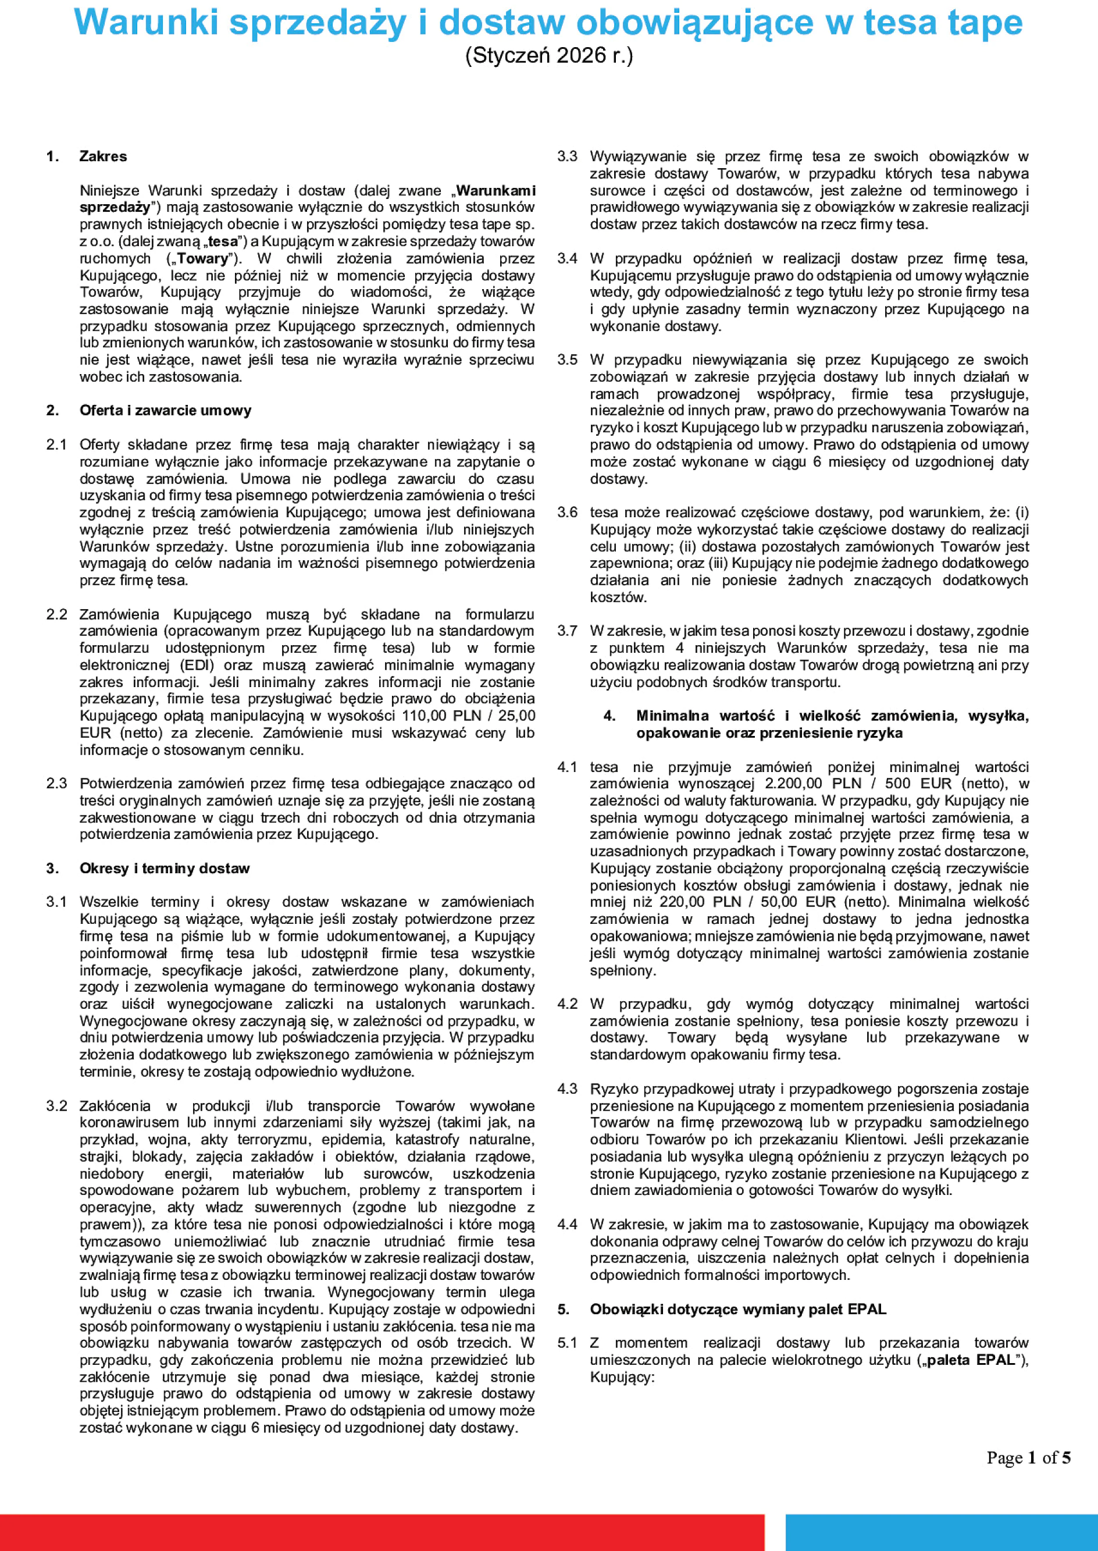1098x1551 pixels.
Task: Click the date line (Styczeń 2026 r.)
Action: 548,55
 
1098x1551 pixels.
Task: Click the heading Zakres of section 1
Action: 103,156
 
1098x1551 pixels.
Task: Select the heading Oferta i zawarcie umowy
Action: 165,410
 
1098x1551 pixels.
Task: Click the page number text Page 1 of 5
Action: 1028,1458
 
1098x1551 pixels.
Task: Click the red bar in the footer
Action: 382,1531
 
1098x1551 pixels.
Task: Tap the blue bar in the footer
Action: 941,1531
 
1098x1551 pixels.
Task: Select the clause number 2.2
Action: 57,614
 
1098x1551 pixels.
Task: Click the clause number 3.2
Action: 57,1106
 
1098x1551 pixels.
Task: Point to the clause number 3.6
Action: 567,512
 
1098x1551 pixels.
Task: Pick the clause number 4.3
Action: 567,1089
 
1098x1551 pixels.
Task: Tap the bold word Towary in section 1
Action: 202,258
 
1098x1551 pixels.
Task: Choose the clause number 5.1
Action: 567,1343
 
